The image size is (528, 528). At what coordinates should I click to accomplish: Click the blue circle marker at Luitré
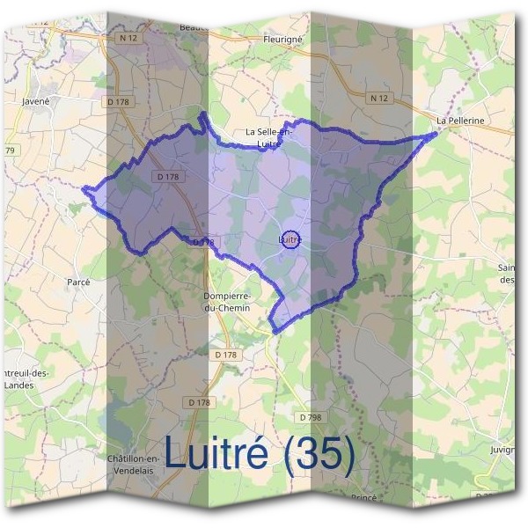click(x=293, y=238)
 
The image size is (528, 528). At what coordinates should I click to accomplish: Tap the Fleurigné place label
click(x=282, y=40)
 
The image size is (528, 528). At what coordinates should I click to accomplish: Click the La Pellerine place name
click(x=461, y=121)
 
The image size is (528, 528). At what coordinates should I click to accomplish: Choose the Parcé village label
click(x=79, y=282)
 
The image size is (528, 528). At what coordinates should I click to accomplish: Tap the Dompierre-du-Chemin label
click(x=228, y=302)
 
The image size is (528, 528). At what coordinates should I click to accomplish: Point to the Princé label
click(x=363, y=498)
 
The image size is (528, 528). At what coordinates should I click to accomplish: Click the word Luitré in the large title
click(x=217, y=455)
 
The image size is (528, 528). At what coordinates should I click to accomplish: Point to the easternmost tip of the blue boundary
click(x=437, y=134)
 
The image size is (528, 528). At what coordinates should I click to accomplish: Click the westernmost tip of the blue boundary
click(x=84, y=188)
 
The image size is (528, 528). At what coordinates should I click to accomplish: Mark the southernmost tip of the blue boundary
click(x=275, y=332)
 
